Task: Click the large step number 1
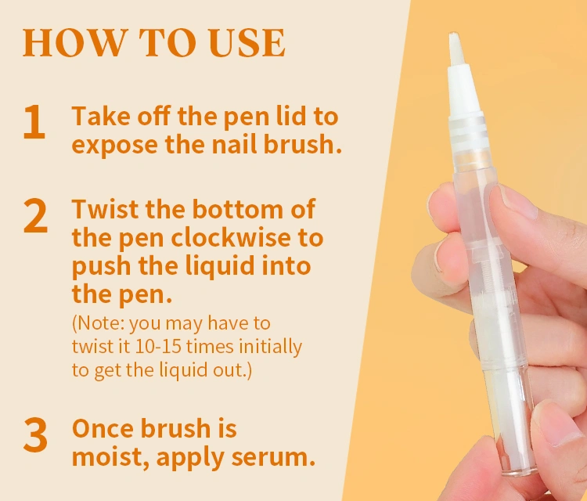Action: point(34,121)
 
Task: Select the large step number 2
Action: point(35,215)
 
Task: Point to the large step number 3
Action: point(35,434)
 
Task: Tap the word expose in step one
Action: point(114,146)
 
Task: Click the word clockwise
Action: point(232,237)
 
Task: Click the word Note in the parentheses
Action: point(100,323)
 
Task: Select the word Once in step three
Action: point(103,428)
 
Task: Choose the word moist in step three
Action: point(110,458)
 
